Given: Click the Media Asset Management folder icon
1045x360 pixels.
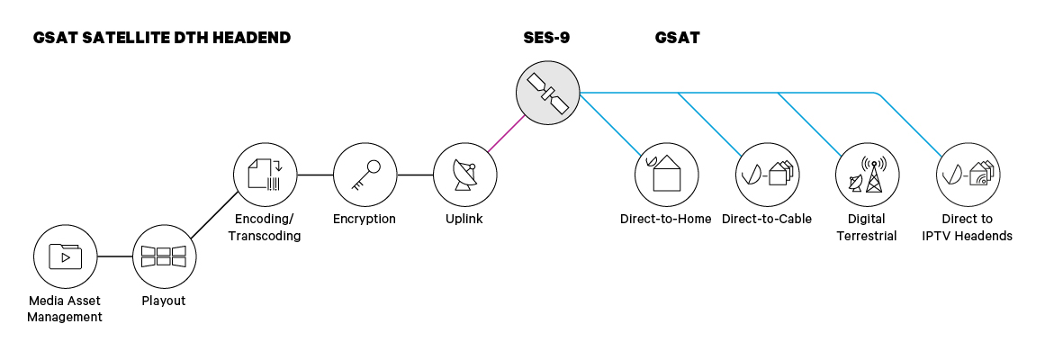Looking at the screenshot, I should [65, 256].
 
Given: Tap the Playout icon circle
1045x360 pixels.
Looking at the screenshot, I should [164, 256].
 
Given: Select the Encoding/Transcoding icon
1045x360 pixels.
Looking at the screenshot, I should [265, 175].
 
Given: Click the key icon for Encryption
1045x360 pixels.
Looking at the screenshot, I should [365, 175].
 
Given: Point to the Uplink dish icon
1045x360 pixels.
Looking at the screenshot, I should [464, 175].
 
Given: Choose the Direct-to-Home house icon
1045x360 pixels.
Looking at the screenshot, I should [666, 175].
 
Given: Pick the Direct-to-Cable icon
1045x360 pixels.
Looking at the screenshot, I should [767, 175].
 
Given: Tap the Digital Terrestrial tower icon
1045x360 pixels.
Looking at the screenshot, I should [867, 175].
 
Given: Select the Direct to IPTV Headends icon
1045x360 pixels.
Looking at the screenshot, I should [968, 175].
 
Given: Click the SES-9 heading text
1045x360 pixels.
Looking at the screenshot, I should [546, 38].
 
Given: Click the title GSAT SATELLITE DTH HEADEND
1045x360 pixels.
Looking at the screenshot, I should [161, 38].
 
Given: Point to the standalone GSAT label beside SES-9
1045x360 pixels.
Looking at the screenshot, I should [677, 38].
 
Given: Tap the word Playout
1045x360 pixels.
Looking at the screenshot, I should [164, 301].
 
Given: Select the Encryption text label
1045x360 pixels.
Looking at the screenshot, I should [365, 219].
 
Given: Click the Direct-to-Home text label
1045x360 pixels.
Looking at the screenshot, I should [666, 219].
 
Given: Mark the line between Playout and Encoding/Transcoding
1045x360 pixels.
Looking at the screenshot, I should [214, 216].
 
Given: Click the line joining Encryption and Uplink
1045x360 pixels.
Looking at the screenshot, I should [415, 175].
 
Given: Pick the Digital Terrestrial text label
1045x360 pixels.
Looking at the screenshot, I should [867, 227].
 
